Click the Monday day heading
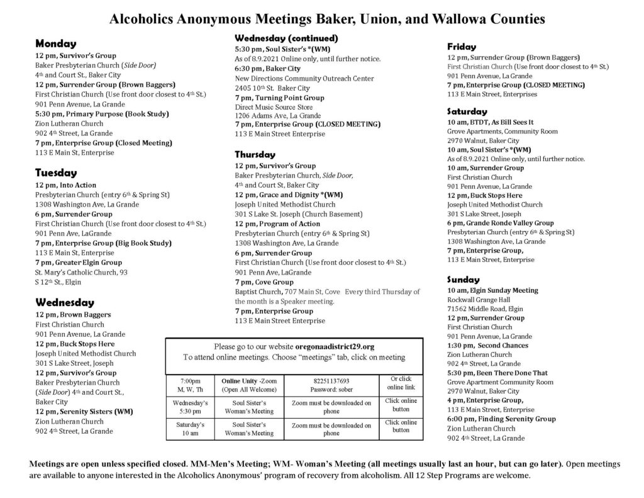55,44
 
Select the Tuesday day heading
56,173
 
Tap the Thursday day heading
255,154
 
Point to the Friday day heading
462,47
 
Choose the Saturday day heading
467,111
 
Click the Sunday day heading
464,280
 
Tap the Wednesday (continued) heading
286,38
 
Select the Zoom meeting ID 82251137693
331,382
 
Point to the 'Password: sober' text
331,390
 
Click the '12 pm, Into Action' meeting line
66,185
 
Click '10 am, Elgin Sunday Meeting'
492,290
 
